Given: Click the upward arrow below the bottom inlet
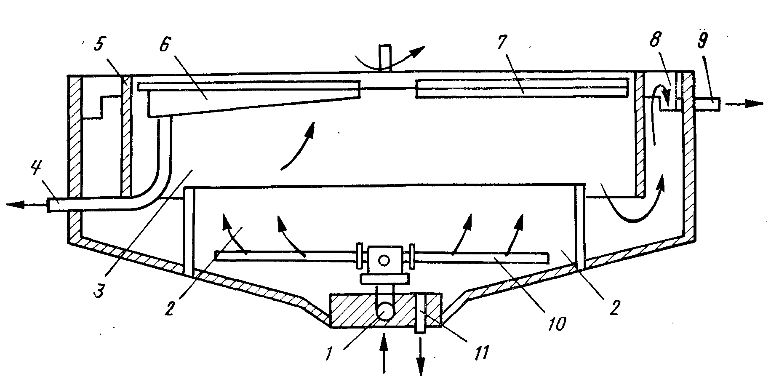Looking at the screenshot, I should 383,352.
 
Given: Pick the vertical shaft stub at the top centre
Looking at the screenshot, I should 385,58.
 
